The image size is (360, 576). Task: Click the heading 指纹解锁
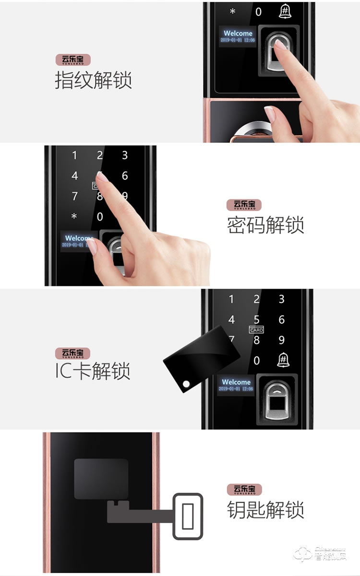93,80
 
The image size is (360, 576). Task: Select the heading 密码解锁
265,224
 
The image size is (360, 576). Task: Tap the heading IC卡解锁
93,371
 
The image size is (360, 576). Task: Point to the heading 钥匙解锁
265,509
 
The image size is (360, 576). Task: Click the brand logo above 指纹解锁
73,60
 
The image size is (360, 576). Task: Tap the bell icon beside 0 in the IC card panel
281,360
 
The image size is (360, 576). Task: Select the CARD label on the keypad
256,330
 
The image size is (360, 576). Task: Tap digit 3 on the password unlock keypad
125,155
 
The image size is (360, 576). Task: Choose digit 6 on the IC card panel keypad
282,320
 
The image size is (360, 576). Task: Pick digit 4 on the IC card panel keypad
231,320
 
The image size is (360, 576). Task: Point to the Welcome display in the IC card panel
236,385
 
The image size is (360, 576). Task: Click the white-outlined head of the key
188,516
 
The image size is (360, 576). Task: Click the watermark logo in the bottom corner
326,554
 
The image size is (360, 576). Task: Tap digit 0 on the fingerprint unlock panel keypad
258,12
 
